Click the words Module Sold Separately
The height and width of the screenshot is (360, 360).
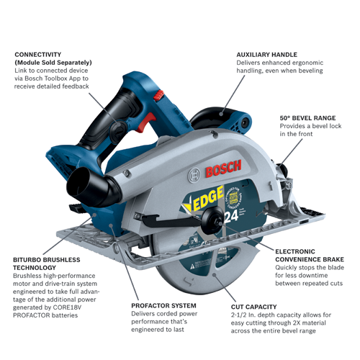54,63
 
